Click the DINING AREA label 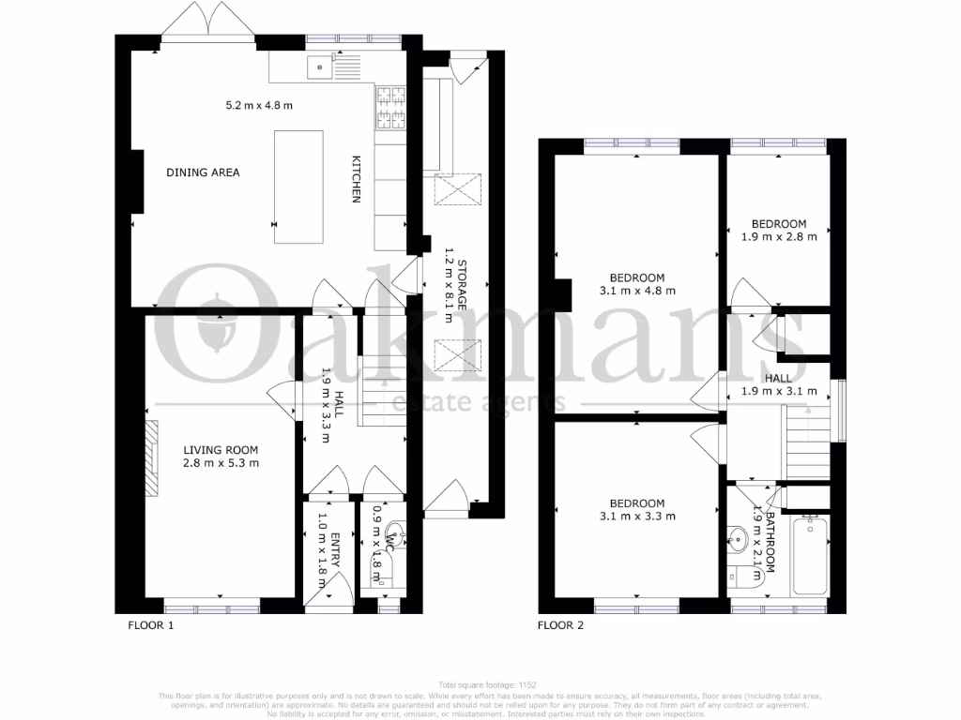point(203,172)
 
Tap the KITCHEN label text point(357,178)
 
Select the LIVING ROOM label point(221,449)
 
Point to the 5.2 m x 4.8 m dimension point(259,106)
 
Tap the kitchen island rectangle point(298,187)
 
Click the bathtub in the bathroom point(808,556)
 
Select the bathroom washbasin point(739,538)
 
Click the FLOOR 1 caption point(151,624)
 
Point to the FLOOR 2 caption point(560,624)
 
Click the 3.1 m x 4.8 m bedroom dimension point(637,291)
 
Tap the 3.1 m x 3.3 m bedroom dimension point(637,517)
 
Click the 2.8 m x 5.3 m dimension point(221,462)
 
